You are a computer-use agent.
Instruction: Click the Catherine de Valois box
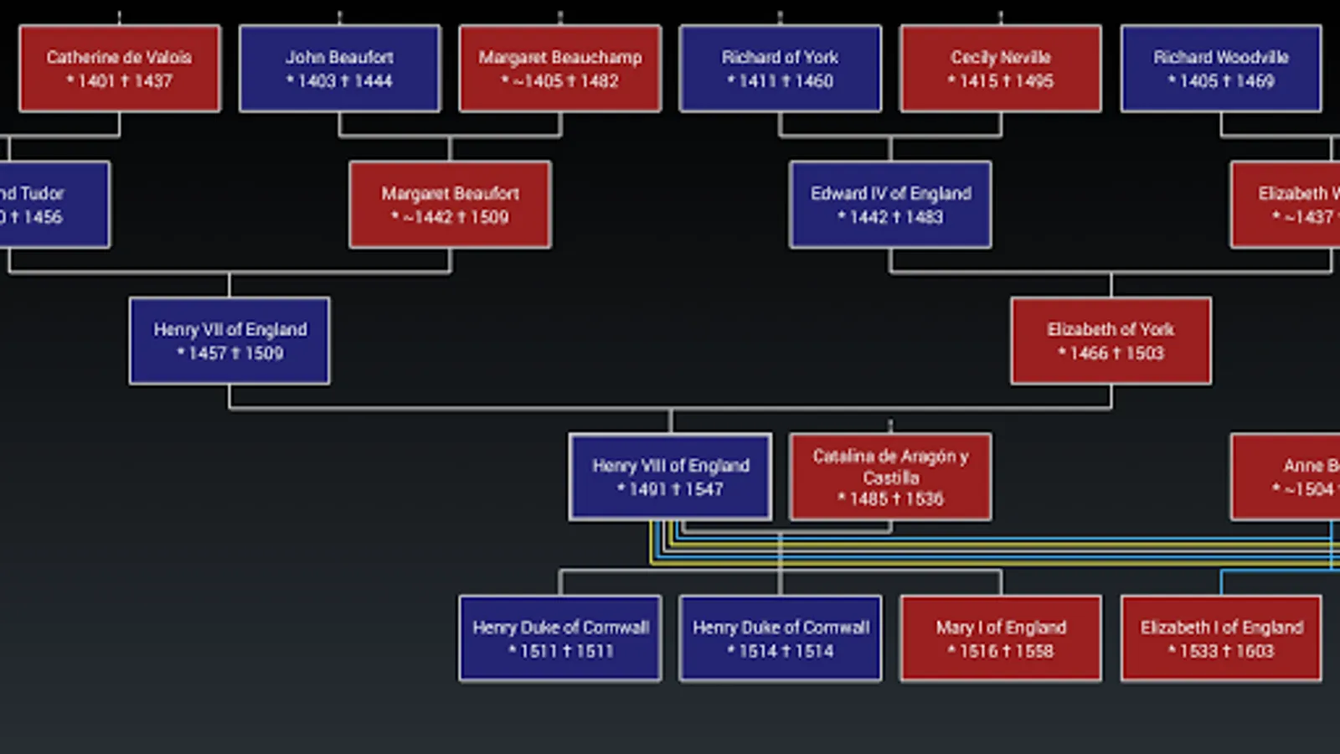[120, 69]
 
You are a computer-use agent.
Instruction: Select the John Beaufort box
[339, 69]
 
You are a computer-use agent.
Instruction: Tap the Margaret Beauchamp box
[560, 69]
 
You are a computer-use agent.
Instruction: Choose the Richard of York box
[780, 69]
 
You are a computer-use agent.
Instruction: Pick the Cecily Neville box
[1000, 69]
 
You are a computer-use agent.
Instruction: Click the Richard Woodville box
[1221, 69]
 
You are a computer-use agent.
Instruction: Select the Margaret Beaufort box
[450, 205]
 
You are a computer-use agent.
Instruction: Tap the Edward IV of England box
[890, 205]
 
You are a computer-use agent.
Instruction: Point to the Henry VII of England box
[229, 341]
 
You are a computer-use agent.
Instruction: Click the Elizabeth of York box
[1111, 341]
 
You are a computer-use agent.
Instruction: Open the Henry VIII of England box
[670, 477]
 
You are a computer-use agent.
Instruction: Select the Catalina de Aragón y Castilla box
[890, 477]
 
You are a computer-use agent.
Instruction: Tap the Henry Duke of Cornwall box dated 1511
[560, 638]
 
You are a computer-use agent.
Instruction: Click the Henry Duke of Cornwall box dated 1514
[780, 638]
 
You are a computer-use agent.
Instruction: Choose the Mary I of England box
[1000, 638]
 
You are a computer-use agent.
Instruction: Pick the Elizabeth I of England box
[1221, 638]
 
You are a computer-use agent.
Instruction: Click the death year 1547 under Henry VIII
[703, 489]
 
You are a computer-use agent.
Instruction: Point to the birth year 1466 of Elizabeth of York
[1089, 354]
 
